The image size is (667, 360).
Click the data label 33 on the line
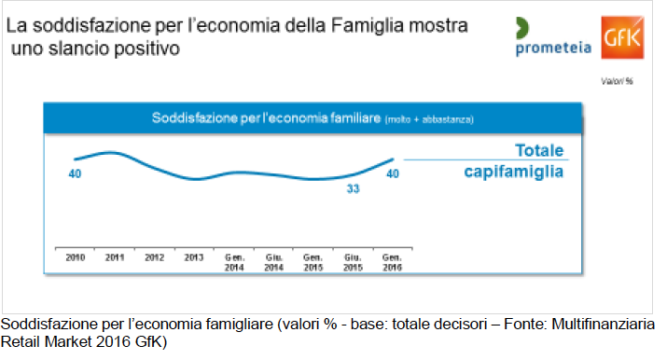(x=353, y=188)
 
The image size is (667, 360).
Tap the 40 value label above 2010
(x=75, y=173)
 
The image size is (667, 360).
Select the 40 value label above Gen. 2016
(x=393, y=173)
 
